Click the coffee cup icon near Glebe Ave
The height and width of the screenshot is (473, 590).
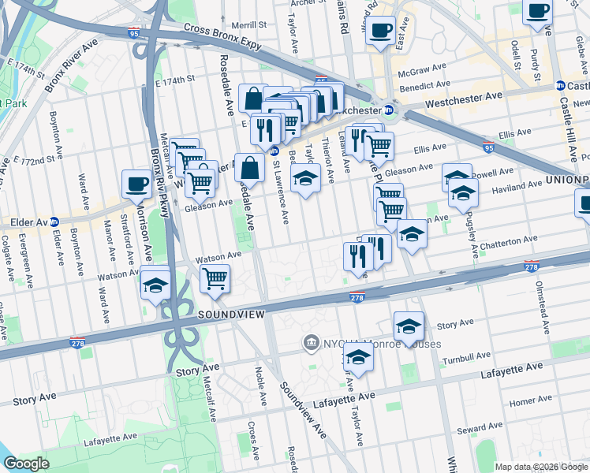[x=538, y=12]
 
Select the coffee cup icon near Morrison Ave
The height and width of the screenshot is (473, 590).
[x=136, y=185]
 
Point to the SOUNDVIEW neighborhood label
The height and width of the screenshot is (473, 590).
[x=229, y=314]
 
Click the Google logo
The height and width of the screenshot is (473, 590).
[x=26, y=464]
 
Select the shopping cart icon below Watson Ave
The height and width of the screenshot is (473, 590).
[x=214, y=278]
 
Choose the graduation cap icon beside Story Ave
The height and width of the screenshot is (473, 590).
[x=409, y=326]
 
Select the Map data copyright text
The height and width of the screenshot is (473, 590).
[x=541, y=467]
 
